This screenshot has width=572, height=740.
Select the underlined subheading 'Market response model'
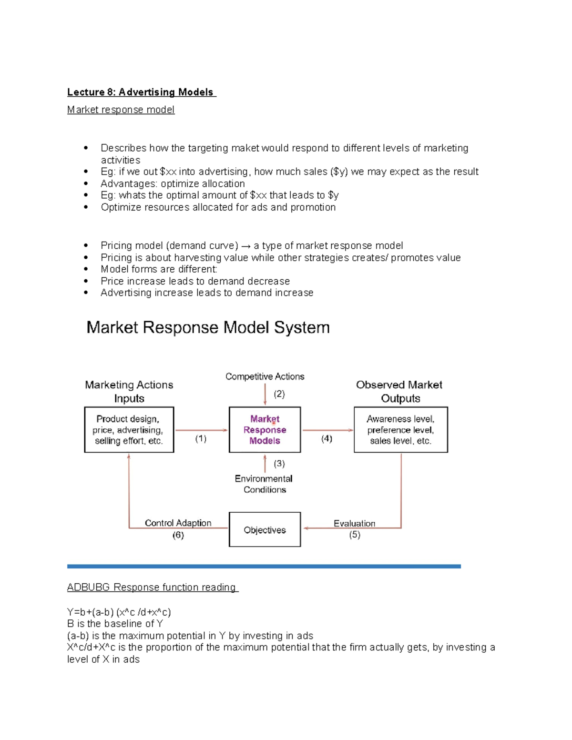click(x=121, y=110)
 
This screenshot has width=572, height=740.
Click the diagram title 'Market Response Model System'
click(x=208, y=327)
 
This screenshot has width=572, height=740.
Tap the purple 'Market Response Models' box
click(x=265, y=430)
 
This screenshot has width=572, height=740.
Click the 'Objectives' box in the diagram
click(x=265, y=529)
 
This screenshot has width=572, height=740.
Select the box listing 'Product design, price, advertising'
click(x=129, y=430)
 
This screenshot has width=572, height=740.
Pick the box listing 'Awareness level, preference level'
click(x=400, y=430)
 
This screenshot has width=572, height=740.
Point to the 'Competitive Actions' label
click(x=265, y=376)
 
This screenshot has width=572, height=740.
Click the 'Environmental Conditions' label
click(x=264, y=484)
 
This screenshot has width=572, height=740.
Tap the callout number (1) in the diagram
click(x=201, y=438)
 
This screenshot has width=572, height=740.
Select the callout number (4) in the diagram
click(x=327, y=438)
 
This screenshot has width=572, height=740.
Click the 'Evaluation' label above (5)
click(x=354, y=523)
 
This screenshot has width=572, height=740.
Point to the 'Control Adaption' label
click(x=178, y=523)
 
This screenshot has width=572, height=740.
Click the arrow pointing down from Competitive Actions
click(x=265, y=395)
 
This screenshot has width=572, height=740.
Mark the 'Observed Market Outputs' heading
click(x=399, y=391)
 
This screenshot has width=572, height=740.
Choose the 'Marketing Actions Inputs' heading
click(x=129, y=391)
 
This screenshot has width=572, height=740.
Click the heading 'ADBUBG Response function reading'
click(x=152, y=587)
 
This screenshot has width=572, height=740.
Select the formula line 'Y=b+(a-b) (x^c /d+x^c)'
click(x=119, y=612)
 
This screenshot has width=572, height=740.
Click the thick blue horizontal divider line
click(x=264, y=566)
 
